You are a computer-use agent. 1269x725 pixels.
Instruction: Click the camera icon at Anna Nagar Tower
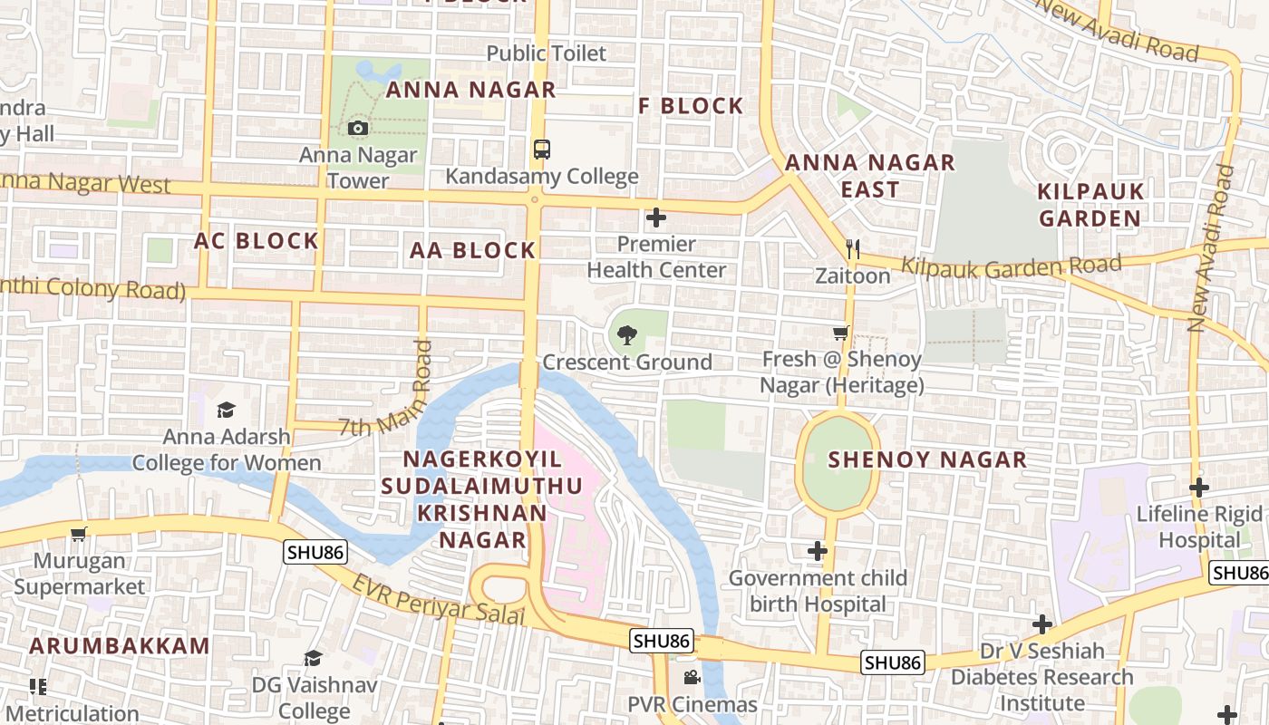point(358,129)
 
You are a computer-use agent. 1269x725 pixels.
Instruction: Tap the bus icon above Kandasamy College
point(541,150)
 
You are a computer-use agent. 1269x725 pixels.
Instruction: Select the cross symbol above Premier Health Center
point(656,217)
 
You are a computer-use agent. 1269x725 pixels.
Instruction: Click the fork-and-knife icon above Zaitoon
point(852,248)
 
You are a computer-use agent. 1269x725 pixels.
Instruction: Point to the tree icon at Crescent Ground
point(626,335)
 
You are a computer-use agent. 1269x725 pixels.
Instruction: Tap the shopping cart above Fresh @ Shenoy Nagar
point(841,333)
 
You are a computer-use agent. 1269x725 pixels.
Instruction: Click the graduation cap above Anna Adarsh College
point(226,410)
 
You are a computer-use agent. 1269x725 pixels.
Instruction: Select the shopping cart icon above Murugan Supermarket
point(79,534)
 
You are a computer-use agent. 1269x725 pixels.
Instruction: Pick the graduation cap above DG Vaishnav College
point(313,658)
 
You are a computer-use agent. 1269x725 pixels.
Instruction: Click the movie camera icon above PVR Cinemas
point(692,678)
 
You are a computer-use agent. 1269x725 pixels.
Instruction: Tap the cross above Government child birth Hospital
point(818,551)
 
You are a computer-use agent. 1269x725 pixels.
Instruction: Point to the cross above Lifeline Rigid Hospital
point(1199,488)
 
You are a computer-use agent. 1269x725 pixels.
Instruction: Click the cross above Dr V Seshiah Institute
point(1042,624)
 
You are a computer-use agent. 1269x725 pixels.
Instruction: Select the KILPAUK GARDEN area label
point(1090,205)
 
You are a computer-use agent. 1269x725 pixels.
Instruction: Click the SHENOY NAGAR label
point(927,459)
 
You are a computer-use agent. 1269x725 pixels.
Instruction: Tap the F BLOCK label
point(691,106)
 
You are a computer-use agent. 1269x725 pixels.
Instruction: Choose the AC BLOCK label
point(257,241)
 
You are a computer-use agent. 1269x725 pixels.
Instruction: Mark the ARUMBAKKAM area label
point(120,646)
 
